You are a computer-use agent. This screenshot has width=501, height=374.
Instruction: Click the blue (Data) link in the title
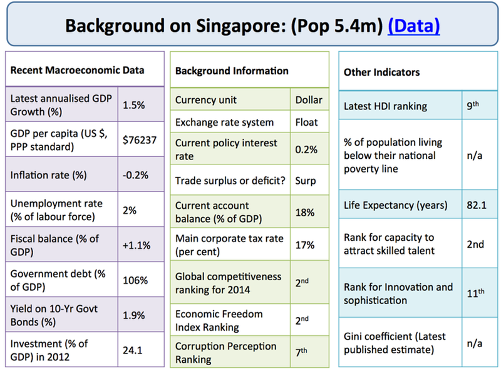point(414,26)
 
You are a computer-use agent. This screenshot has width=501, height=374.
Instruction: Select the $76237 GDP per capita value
point(140,139)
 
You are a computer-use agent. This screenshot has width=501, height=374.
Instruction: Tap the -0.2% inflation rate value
point(135,175)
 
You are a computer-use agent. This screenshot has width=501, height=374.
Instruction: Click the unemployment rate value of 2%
point(130,210)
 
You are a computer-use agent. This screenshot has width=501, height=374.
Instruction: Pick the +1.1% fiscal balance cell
point(137,245)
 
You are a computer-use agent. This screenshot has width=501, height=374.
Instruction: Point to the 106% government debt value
point(135,280)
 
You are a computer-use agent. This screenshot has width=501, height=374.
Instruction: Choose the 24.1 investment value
point(132,350)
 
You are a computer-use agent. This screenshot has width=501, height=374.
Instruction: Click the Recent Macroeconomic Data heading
point(77,70)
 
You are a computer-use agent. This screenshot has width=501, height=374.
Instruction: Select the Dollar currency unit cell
point(309,100)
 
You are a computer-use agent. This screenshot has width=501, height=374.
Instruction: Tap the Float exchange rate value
point(306,122)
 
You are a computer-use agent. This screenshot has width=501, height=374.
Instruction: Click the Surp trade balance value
point(306,181)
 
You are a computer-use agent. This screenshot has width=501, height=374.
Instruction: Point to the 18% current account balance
point(305,212)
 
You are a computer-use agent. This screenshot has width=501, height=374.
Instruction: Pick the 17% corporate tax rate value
point(305,245)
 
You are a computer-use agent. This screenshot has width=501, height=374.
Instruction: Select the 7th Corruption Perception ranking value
point(301,351)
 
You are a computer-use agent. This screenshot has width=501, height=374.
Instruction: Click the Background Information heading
point(232,71)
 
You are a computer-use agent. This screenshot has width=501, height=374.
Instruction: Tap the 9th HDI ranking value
point(473,105)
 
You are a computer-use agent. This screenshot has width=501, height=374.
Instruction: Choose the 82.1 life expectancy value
point(477,205)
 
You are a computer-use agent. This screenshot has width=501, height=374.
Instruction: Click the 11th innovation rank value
point(475,293)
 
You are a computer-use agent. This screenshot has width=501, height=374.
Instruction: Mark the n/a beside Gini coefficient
point(475,343)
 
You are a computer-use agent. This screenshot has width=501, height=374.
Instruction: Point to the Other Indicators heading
point(381,72)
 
